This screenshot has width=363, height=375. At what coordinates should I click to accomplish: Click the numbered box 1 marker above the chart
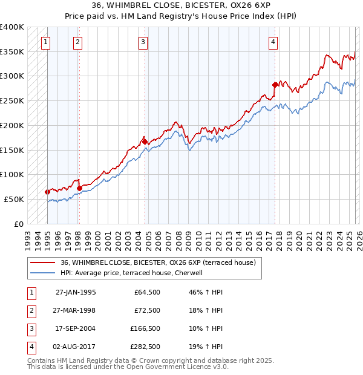(47, 42)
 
